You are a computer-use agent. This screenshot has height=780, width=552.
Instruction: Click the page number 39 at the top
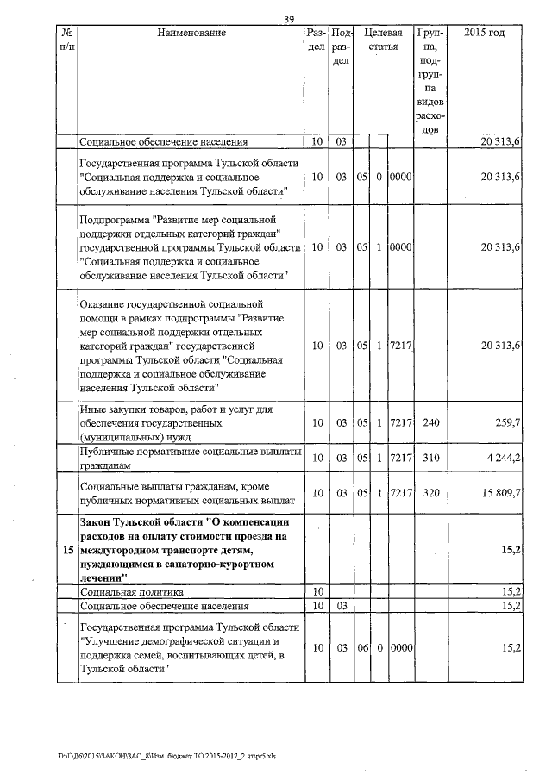click(290, 20)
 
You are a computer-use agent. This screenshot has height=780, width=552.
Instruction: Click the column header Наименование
click(191, 33)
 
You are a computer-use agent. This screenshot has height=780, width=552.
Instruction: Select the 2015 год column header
click(485, 33)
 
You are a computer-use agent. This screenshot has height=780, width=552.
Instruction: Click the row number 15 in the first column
click(67, 550)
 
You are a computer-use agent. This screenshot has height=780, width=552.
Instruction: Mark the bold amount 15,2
click(510, 550)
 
